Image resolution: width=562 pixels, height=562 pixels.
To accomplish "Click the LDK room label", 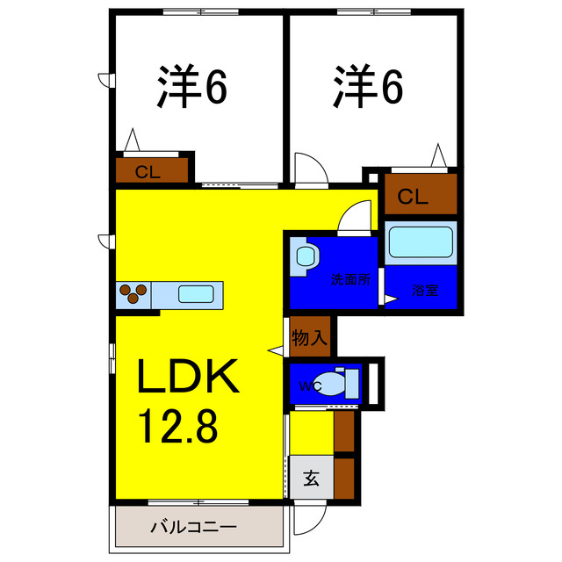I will click(186, 378).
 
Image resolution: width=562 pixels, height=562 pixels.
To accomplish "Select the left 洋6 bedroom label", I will click(192, 86).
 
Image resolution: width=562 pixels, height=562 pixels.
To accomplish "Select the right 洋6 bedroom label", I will click(367, 86).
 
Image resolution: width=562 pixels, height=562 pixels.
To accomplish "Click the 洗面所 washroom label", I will click(350, 281).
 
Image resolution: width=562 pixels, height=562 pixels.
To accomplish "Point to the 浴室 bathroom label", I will click(425, 290).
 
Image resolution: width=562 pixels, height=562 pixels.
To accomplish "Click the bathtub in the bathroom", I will click(420, 242).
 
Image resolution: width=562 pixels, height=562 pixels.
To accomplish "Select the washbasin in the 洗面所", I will click(306, 256).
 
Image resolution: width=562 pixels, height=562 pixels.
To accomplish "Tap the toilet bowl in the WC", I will click(333, 384).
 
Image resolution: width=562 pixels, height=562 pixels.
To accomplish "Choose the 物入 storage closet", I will click(309, 335).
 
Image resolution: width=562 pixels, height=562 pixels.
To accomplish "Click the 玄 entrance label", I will click(311, 479).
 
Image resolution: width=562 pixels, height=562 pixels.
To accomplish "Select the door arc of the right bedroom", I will click(310, 169).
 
